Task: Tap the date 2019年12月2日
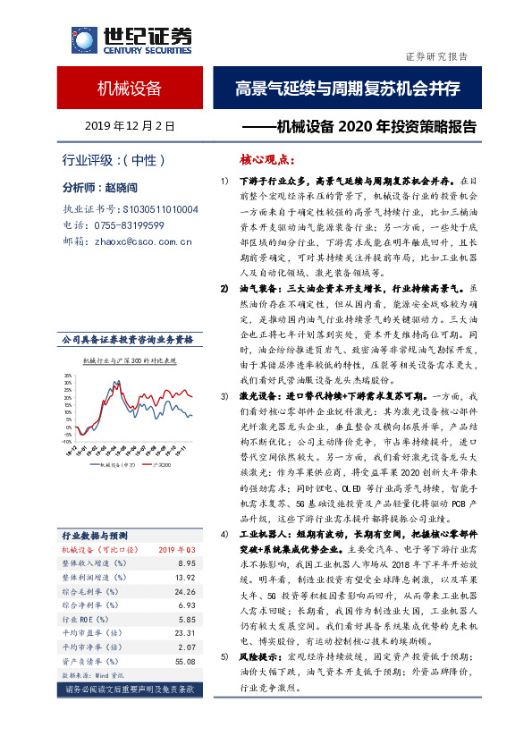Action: click(x=130, y=127)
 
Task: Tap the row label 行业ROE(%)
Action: click(x=83, y=621)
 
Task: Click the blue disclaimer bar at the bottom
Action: click(x=131, y=690)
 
